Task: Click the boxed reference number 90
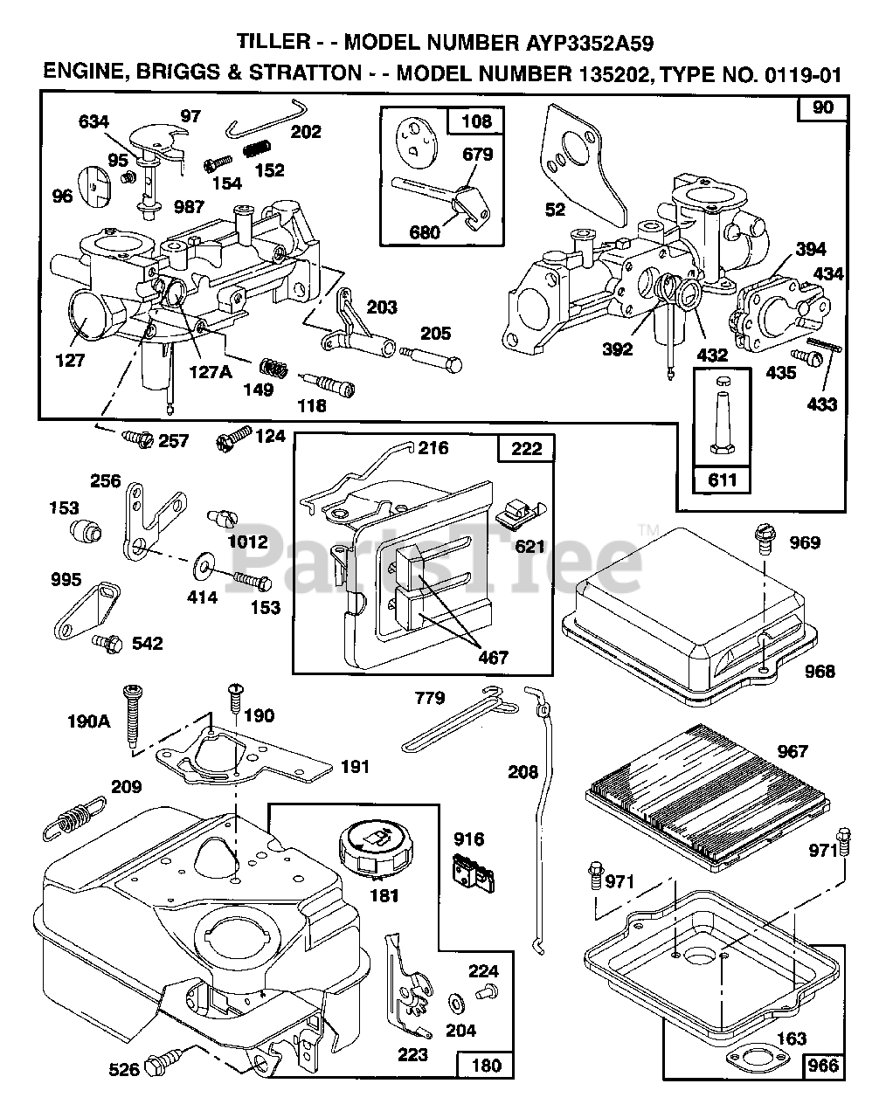click(x=822, y=108)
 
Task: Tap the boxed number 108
click(x=475, y=121)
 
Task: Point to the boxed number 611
click(x=723, y=480)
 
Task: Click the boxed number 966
click(x=822, y=1065)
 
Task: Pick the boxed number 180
click(x=487, y=1065)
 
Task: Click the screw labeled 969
click(x=763, y=538)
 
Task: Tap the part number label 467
click(x=494, y=657)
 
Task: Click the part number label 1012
click(x=247, y=542)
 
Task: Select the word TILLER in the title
click(x=272, y=41)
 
